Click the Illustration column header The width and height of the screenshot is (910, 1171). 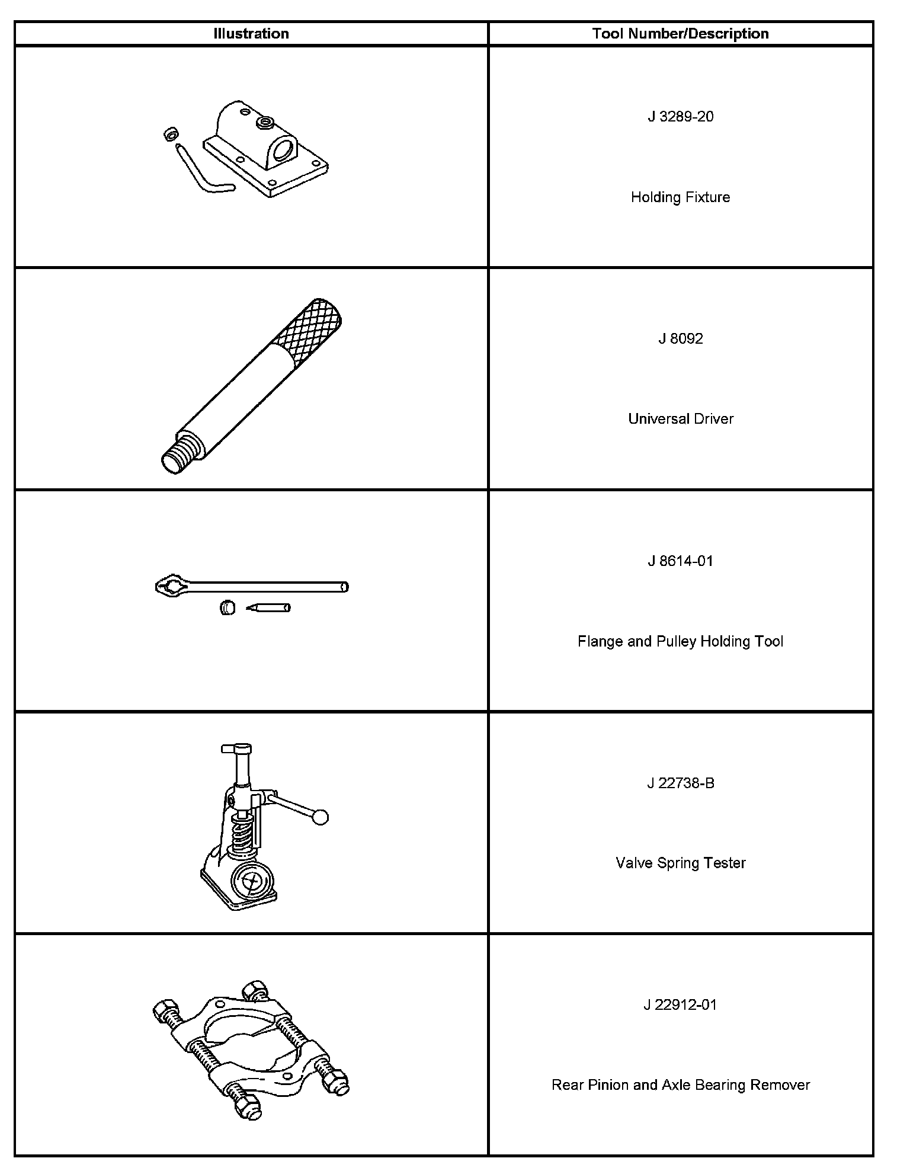tap(251, 34)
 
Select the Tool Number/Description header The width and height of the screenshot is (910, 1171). tap(680, 34)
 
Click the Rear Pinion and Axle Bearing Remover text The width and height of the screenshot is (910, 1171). tap(680, 1085)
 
